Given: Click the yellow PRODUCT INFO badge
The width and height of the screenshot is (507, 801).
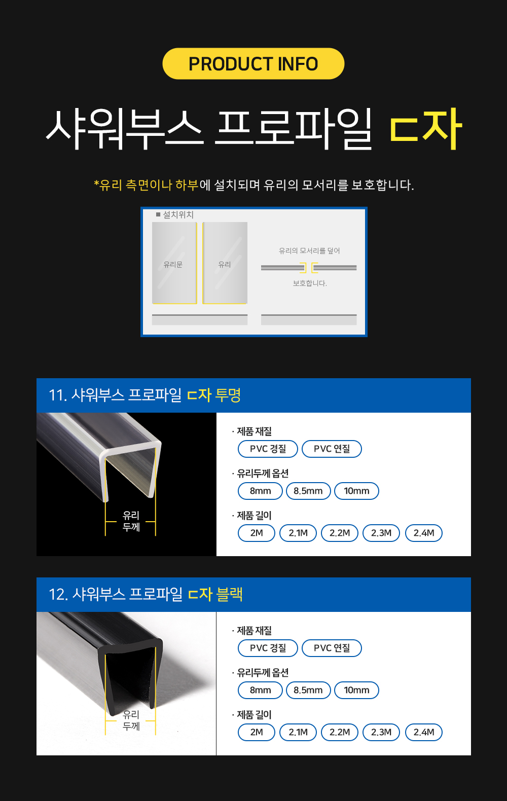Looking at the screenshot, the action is click(x=253, y=64).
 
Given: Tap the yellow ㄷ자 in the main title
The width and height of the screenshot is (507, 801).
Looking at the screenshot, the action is click(x=425, y=129).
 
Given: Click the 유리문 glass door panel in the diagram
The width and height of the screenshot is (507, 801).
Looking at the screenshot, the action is click(x=174, y=263).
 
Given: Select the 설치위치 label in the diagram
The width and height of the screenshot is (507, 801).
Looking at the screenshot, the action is click(x=178, y=214).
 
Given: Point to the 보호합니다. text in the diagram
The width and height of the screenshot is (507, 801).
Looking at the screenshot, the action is click(x=310, y=283).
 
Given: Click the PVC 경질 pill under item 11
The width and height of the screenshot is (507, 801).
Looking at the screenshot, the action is click(x=268, y=449).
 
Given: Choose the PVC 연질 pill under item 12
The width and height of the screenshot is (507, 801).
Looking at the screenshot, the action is click(x=332, y=648).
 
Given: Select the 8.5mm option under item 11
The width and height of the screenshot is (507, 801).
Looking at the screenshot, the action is click(x=308, y=491).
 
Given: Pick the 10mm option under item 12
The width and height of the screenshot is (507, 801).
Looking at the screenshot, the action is click(x=356, y=690).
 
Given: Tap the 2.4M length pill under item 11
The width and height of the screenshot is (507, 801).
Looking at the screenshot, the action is click(x=424, y=533).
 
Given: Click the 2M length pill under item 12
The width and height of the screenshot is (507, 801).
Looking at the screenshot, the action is click(x=257, y=733).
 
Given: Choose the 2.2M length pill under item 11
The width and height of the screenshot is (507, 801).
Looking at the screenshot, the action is click(x=340, y=533).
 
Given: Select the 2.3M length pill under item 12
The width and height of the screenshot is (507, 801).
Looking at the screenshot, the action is click(x=381, y=733).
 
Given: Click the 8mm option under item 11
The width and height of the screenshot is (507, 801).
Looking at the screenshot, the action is click(x=260, y=491).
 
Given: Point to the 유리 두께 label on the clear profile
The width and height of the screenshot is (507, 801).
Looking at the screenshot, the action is click(x=131, y=521).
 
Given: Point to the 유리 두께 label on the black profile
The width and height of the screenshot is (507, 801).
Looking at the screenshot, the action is click(x=131, y=720).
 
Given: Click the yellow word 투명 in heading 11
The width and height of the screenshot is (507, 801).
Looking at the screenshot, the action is click(x=229, y=395).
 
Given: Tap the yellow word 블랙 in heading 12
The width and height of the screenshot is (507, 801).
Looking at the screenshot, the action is click(x=230, y=594).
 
